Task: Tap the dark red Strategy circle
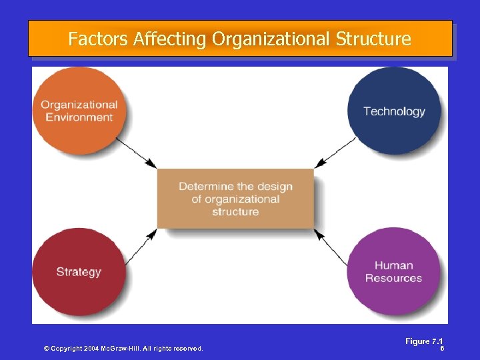79,271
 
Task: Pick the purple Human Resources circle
394,271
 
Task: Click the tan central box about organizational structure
235,199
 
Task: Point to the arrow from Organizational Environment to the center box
136,153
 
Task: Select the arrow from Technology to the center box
335,153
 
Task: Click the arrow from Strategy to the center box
137,244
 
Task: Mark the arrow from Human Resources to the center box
335,245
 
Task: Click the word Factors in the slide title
98,39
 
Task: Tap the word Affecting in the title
170,39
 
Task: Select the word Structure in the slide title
373,39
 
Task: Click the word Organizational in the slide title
271,39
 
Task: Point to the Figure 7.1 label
424,341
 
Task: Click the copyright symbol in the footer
47,349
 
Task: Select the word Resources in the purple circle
394,278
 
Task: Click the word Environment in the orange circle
79,117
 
